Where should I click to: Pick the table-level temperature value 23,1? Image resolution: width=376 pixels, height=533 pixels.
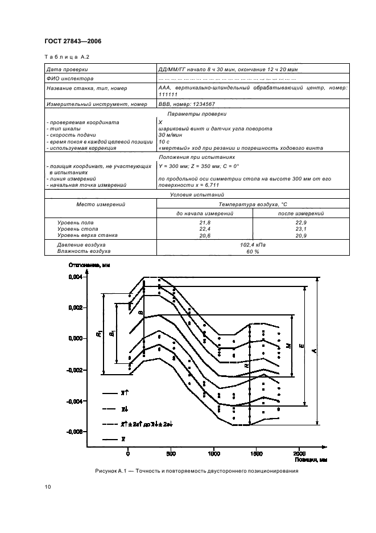click(301, 228)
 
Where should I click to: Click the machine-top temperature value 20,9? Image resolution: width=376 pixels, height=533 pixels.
click(301, 235)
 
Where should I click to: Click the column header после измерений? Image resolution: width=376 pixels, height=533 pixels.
click(301, 213)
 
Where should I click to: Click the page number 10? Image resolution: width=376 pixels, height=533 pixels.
click(48, 487)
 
